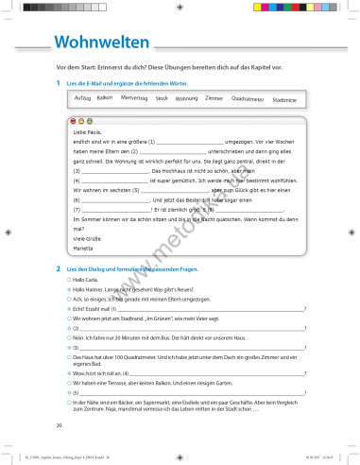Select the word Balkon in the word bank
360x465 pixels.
click(x=105, y=97)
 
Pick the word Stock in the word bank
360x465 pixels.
click(x=162, y=98)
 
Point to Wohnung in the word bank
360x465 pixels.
click(x=186, y=98)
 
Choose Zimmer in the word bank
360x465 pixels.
click(x=214, y=98)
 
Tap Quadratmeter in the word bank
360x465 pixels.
click(x=247, y=99)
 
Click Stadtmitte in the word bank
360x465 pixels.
click(x=283, y=99)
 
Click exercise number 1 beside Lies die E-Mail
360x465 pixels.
click(x=59, y=83)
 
